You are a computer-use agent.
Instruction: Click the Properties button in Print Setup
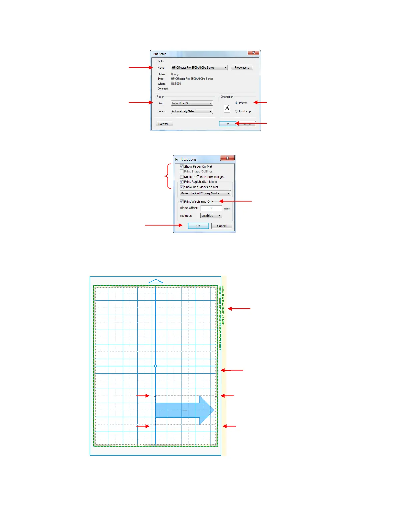point(242,68)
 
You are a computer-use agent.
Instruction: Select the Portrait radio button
point(237,103)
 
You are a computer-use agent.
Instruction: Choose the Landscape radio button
point(237,111)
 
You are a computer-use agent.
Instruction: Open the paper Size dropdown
point(192,103)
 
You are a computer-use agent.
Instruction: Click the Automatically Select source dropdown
point(192,111)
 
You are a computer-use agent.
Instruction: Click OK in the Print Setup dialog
point(227,124)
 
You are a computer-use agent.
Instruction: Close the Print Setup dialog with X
point(254,53)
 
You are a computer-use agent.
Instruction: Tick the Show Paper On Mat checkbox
point(182,166)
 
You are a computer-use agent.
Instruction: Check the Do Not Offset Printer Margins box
point(182,177)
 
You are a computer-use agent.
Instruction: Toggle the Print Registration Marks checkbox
point(182,182)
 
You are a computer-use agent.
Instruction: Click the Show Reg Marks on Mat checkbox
point(182,187)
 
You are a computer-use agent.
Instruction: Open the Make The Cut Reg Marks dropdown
point(205,193)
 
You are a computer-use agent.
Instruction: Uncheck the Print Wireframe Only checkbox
point(182,201)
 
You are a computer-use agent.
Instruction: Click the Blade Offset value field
point(211,208)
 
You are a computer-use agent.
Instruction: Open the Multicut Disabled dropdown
point(211,216)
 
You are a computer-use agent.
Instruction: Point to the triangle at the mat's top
point(156,281)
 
